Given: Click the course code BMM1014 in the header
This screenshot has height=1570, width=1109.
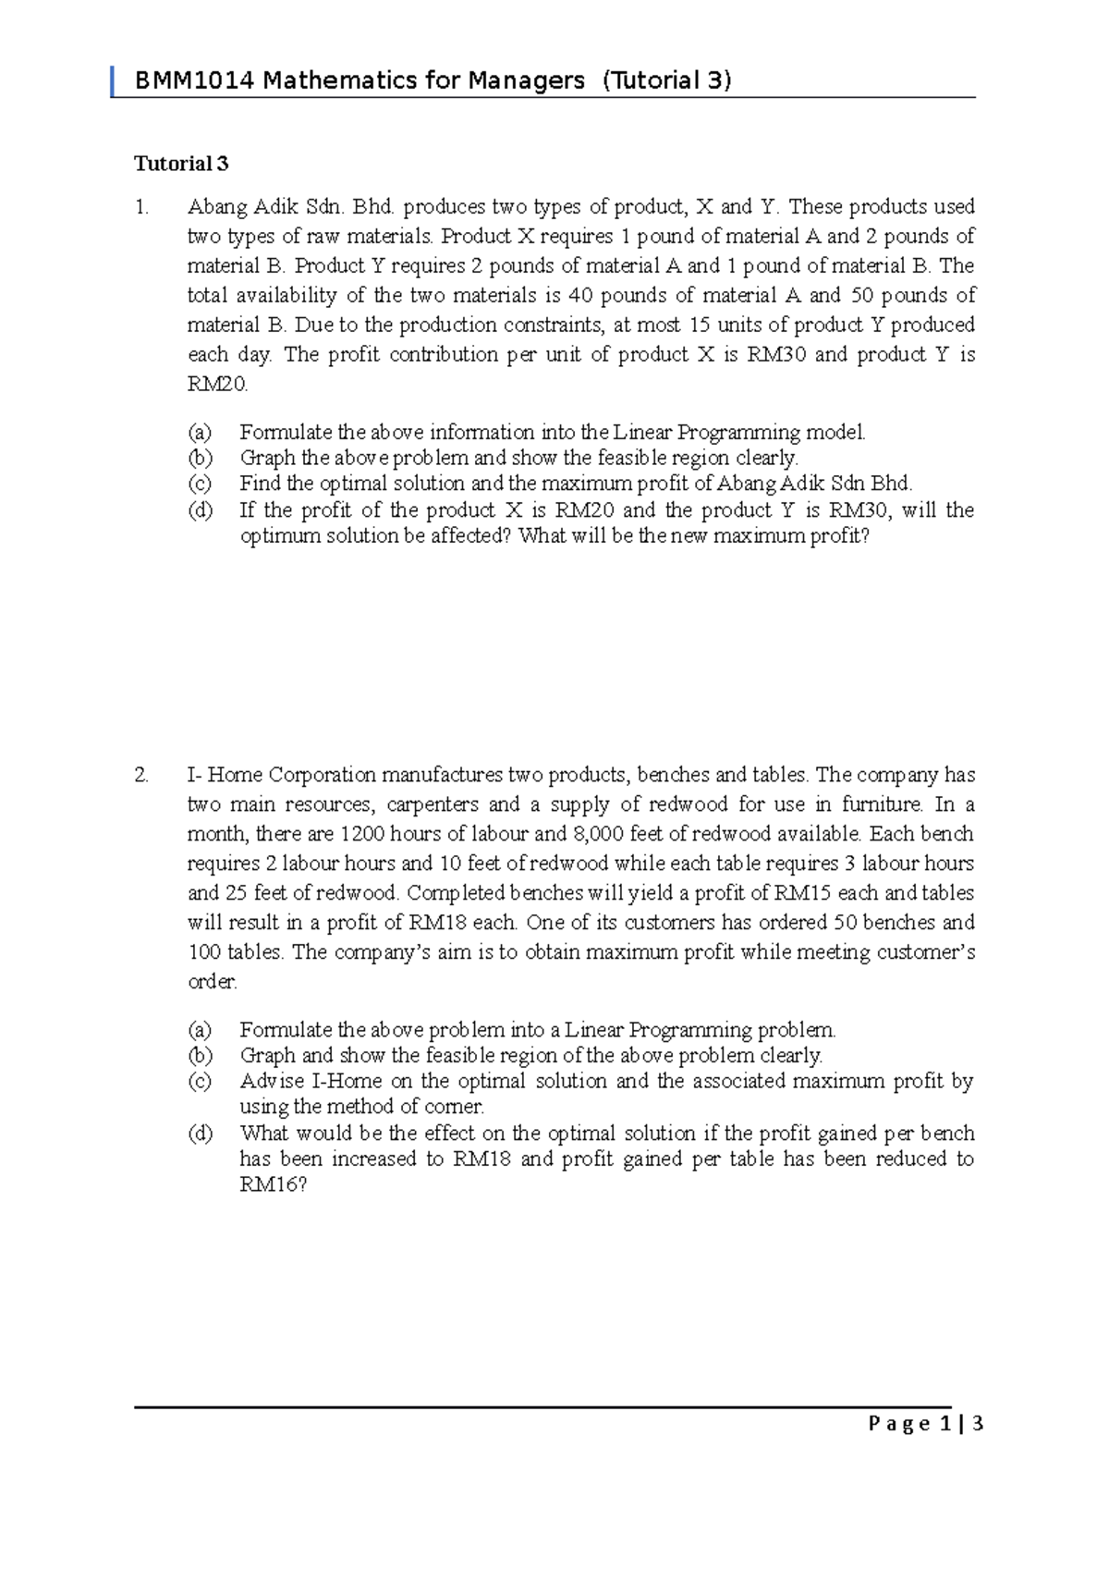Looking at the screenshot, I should (194, 81).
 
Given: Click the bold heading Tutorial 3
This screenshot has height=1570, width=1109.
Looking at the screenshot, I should (181, 164).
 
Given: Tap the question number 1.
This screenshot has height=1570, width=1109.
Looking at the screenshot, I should (140, 207).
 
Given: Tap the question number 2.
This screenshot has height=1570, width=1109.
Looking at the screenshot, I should (141, 775).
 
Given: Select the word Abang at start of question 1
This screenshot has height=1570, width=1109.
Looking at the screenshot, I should (217, 207).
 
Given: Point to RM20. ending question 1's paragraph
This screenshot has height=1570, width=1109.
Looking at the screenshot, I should (217, 385).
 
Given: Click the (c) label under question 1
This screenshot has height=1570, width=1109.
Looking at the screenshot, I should (200, 484).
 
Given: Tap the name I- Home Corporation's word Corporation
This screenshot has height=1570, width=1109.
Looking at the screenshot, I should (322, 775).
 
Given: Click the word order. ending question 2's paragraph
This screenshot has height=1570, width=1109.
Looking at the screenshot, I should (213, 982).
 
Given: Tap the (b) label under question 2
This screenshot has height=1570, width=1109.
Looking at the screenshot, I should (200, 1055).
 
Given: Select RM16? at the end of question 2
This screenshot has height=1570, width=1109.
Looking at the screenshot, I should (273, 1184).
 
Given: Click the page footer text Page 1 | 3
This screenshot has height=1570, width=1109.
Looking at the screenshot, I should (925, 1424).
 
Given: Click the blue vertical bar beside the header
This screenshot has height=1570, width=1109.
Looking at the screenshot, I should (113, 81).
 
